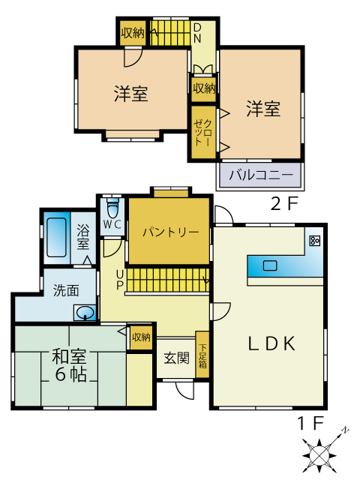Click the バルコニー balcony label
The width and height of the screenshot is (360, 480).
tap(260, 176)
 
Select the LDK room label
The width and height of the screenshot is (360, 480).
tap(271, 343)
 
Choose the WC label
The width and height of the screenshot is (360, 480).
tap(112, 224)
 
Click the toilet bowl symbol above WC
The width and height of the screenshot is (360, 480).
tap(112, 206)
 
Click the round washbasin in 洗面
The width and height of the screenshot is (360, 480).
tap(85, 313)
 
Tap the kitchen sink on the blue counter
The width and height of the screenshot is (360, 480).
tap(269, 265)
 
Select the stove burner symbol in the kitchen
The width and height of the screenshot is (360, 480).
tap(314, 241)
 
